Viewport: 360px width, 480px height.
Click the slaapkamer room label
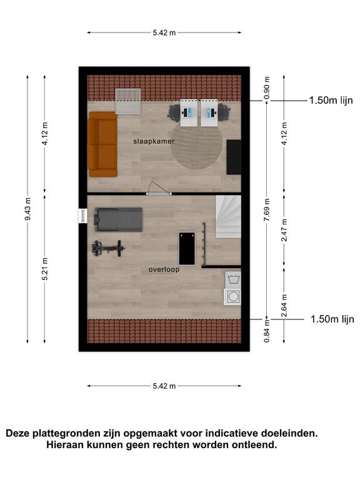(x=154, y=141)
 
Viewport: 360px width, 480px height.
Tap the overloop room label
(x=164, y=270)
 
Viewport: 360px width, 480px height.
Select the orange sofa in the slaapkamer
(x=102, y=144)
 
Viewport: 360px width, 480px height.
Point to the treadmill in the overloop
(x=119, y=219)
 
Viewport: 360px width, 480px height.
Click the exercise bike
(x=108, y=248)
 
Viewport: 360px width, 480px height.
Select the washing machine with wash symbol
(x=233, y=279)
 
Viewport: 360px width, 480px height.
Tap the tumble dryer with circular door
(x=233, y=297)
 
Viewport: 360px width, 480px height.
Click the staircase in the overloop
(x=228, y=217)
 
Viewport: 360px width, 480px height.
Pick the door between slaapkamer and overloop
(x=159, y=189)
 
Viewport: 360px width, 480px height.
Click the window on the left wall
(x=82, y=216)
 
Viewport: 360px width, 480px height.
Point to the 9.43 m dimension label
(x=28, y=209)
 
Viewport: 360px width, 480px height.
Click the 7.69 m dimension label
(x=267, y=210)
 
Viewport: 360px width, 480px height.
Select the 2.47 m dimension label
(x=284, y=230)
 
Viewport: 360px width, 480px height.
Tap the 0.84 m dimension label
(x=267, y=331)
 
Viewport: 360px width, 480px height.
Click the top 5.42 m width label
(x=164, y=32)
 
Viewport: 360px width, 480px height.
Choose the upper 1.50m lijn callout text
(x=331, y=101)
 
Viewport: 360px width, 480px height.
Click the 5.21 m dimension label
(x=45, y=269)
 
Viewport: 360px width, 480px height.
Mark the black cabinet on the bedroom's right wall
(x=234, y=157)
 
